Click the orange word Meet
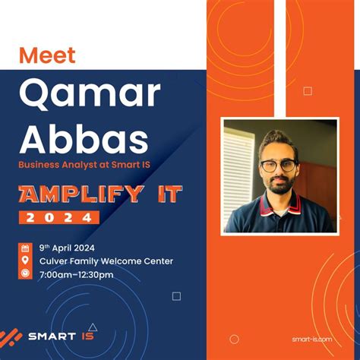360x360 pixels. pos(47,55)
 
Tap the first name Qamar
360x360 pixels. pos(90,93)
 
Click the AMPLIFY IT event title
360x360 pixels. pos(100,194)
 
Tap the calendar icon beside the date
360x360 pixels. pos(25,248)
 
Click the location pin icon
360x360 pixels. pos(25,261)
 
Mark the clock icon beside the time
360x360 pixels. pos(25,274)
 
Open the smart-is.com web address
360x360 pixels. pos(311,339)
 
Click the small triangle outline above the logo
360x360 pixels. pos(92,327)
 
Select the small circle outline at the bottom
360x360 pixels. pos(234,339)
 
